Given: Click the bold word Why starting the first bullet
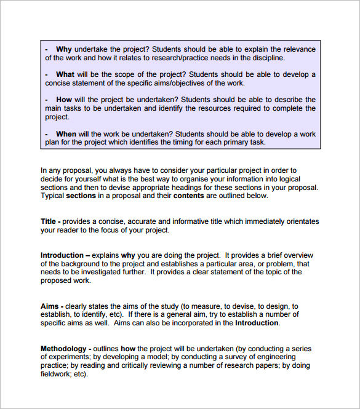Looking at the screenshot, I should (x=63, y=49).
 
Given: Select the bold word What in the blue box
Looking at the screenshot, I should (x=66, y=74).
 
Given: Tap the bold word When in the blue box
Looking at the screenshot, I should (x=66, y=133).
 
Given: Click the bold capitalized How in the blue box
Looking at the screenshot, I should (x=64, y=100).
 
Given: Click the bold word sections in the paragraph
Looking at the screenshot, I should (x=81, y=196).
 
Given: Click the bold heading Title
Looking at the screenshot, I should (x=49, y=221).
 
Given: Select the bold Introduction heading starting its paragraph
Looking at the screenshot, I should (x=62, y=255).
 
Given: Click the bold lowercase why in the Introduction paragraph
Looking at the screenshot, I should (x=128, y=255).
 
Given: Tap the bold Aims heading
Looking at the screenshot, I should (x=50, y=306).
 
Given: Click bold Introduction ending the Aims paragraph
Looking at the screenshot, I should (x=257, y=323).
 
